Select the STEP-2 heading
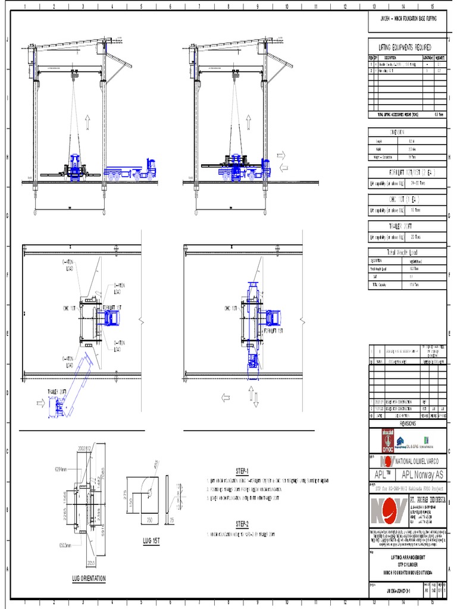tap(242, 524)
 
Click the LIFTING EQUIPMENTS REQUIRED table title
tap(405, 47)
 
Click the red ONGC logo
tap(384, 441)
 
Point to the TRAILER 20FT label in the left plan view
tap(57, 391)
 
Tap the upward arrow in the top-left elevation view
tap(87, 123)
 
